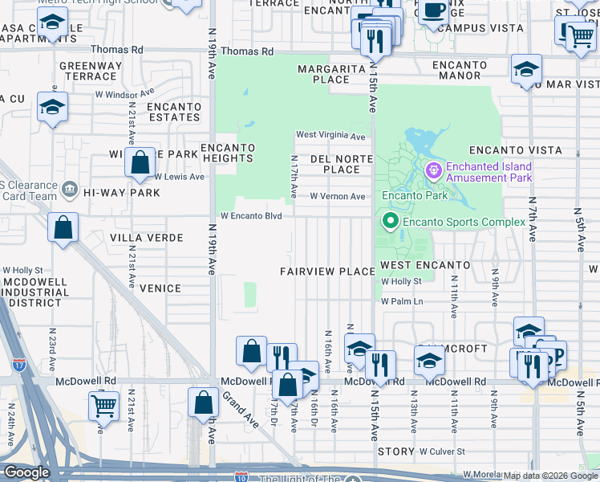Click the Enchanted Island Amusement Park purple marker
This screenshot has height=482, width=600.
pyautogui.click(x=434, y=170)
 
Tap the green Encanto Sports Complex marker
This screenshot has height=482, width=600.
pyautogui.click(x=391, y=221)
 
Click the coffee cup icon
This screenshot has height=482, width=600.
pyautogui.click(x=435, y=11)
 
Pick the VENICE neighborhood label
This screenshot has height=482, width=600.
pyautogui.click(x=160, y=287)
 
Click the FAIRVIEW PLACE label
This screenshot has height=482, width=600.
pyautogui.click(x=327, y=272)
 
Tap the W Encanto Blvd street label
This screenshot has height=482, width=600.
pyautogui.click(x=252, y=216)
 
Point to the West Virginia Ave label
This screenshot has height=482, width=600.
pyautogui.click(x=330, y=135)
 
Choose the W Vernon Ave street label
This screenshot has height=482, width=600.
pyautogui.click(x=338, y=196)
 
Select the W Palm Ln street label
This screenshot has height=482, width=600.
pyautogui.click(x=402, y=301)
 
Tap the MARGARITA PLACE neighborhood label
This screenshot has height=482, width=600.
pyautogui.click(x=332, y=74)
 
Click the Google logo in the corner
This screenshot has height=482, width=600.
pyautogui.click(x=26, y=472)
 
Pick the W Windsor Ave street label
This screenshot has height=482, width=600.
pyautogui.click(x=125, y=93)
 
